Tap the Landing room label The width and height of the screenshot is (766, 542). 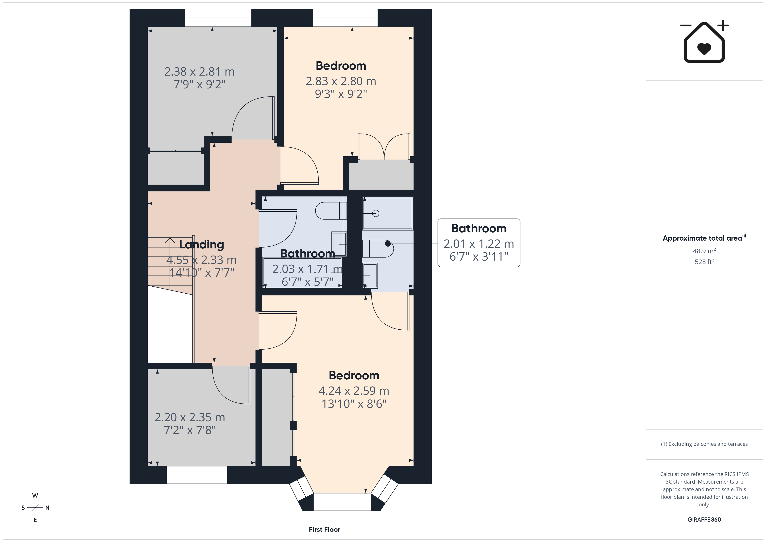point(201,245)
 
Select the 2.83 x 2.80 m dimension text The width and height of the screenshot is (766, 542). point(341,81)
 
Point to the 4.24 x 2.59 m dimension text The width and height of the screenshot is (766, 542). point(354,391)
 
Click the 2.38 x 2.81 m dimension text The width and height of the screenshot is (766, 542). point(200,72)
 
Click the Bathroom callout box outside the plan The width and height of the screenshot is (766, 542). point(479,243)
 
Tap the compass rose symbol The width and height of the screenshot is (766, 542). point(35,508)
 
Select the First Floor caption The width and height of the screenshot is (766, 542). point(324,529)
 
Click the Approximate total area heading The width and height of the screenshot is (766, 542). point(704,238)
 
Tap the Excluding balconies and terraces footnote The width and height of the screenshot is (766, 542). point(704,444)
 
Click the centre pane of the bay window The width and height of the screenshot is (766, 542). point(342,502)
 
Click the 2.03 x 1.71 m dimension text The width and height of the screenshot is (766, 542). point(307,269)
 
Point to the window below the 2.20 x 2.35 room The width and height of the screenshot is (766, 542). point(197,475)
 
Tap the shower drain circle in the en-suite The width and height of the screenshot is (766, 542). point(376,213)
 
